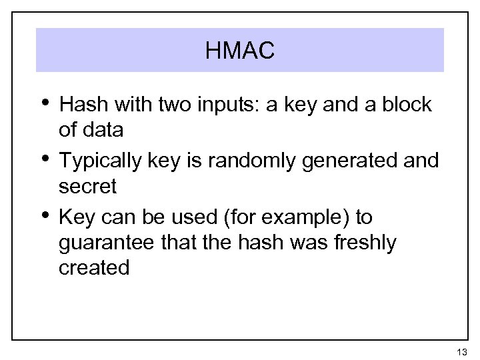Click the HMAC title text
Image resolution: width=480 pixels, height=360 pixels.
point(240,51)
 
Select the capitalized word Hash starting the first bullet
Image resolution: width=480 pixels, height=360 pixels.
point(81,105)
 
